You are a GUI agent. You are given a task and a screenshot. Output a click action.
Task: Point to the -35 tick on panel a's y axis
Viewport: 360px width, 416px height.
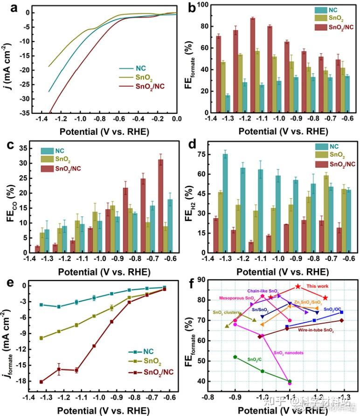(29, 113)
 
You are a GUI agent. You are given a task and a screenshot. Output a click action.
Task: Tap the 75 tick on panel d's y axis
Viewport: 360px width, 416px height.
(205, 154)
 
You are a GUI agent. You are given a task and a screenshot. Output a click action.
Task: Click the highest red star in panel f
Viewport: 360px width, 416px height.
(298, 286)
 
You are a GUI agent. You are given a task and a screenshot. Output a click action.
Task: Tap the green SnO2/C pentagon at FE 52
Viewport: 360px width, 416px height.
(235, 357)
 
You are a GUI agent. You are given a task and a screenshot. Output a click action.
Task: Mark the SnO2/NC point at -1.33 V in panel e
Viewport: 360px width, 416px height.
(42, 381)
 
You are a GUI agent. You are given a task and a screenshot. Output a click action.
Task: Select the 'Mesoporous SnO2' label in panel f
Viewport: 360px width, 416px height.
(236, 298)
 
